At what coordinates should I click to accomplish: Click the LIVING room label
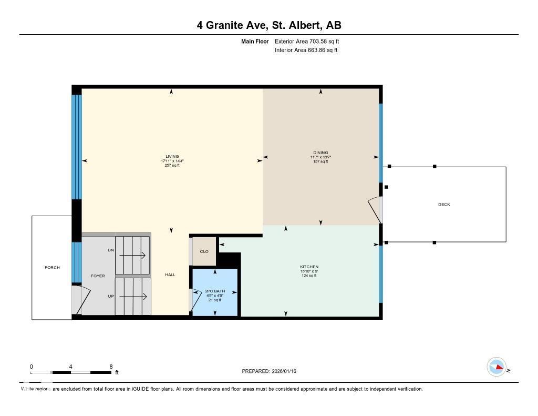[172, 156]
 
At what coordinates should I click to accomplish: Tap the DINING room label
[320, 153]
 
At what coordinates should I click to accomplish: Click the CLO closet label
[204, 251]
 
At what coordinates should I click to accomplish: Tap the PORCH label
[52, 267]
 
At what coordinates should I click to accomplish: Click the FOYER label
[98, 276]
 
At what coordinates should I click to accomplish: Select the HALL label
[170, 275]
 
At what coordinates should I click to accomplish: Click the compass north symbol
[497, 367]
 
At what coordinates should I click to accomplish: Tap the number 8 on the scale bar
[111, 367]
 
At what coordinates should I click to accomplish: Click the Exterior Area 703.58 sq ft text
[311, 41]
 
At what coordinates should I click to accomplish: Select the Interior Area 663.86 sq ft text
[306, 50]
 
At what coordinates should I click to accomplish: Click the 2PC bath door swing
[195, 299]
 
